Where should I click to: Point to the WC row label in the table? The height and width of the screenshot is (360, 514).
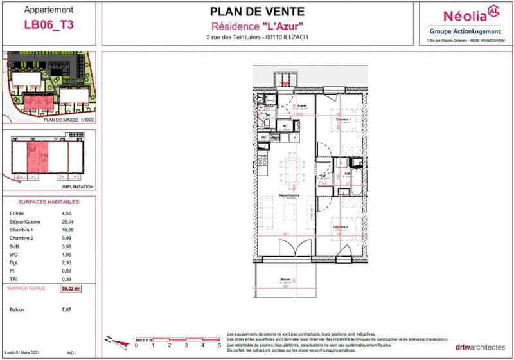click(x=13, y=254)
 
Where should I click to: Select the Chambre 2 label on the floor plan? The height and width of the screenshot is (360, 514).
click(x=340, y=227)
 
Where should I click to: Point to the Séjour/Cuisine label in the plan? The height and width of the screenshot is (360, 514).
click(x=286, y=195)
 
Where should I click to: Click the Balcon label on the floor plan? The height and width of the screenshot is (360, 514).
click(x=286, y=280)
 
